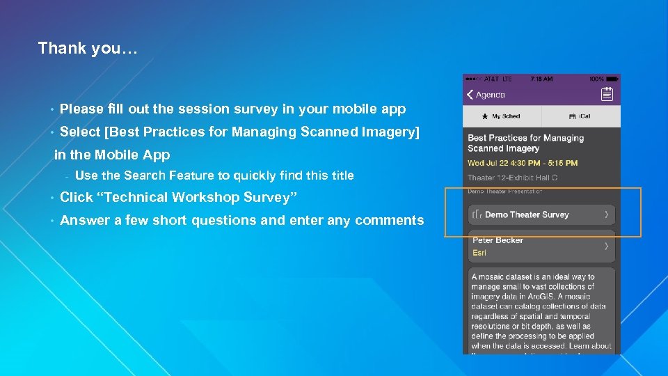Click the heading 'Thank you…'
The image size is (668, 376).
pos(88,48)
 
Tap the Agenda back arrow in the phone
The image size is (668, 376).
pos(470,95)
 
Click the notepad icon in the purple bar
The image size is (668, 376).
pos(607,95)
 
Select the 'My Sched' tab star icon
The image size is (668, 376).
pos(484,116)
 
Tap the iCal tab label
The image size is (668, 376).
pos(584,116)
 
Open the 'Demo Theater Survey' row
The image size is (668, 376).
pos(527,214)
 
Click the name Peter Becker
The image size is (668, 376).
pos(498,240)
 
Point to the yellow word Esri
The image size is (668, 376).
pos(479,253)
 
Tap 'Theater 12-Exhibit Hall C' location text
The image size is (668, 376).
pos(512,178)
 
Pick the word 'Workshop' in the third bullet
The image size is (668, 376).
pos(206,198)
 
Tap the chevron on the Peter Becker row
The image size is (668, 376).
pos(607,246)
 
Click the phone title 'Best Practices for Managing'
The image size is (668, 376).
pos(525,138)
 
